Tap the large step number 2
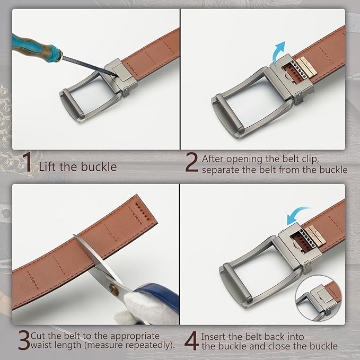point(191,164)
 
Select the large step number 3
point(24,340)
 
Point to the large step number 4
point(191,340)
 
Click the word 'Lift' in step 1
point(48,166)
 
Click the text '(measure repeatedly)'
point(142,346)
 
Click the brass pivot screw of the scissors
point(113,288)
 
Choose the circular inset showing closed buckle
point(319,298)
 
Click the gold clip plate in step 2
point(307,66)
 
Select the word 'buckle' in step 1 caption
point(99,166)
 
